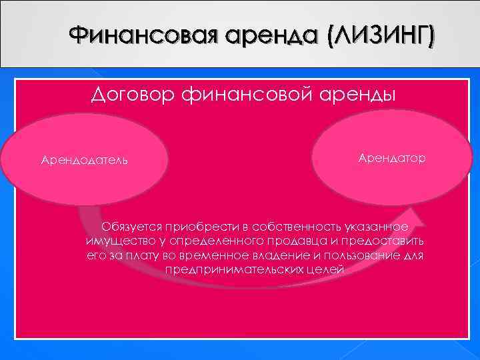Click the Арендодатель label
[84, 161]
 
